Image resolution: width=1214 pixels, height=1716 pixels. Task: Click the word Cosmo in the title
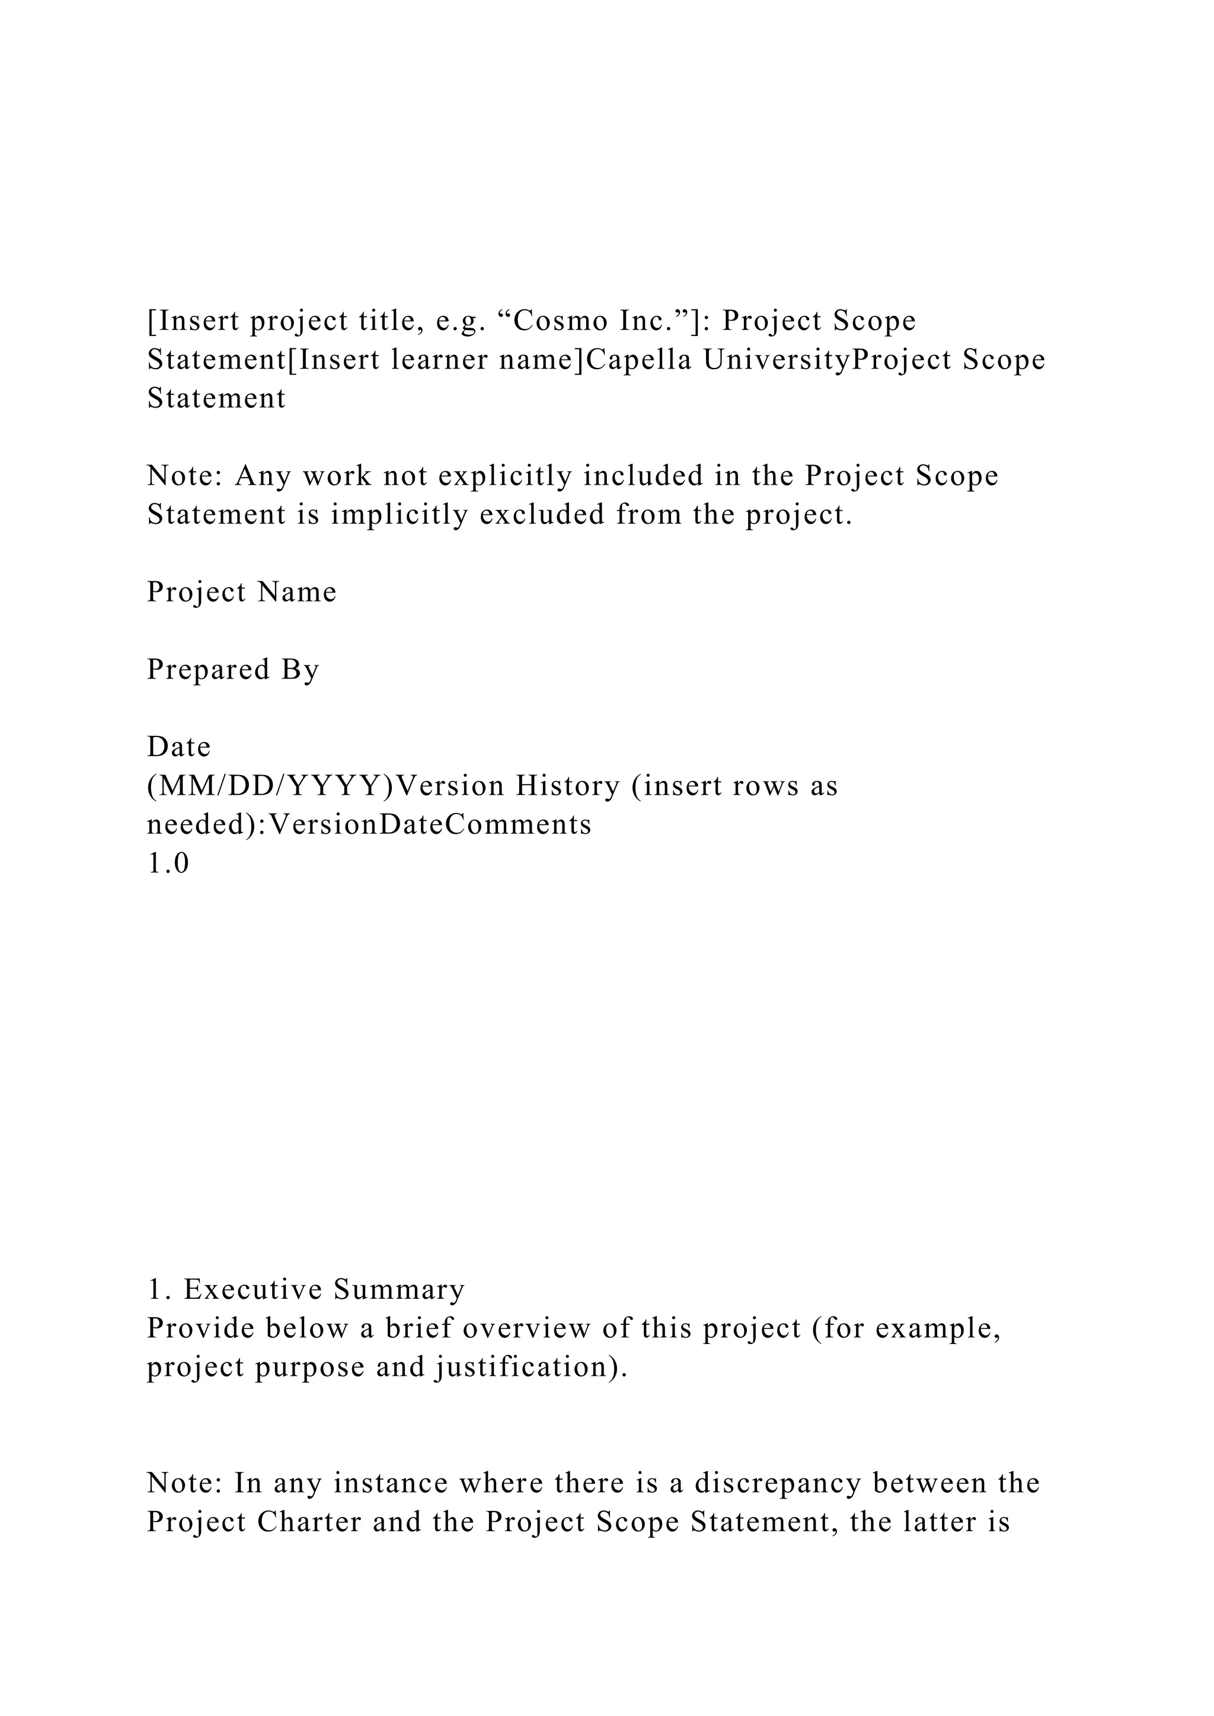(x=561, y=321)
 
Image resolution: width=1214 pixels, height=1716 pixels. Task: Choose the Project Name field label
(x=241, y=592)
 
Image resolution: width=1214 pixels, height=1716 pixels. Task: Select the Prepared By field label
(x=233, y=670)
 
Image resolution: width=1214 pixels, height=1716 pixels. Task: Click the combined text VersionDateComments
(x=429, y=824)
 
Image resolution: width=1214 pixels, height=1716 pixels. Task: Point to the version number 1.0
(x=168, y=863)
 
